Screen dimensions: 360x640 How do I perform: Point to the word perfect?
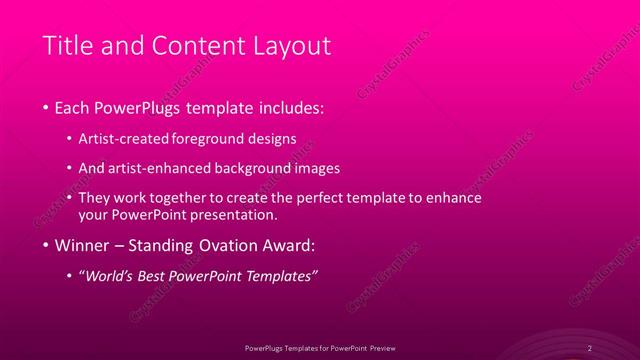tap(315, 198)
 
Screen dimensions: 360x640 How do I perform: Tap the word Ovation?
tap(240, 244)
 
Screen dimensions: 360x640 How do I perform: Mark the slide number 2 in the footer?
tap(590, 347)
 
